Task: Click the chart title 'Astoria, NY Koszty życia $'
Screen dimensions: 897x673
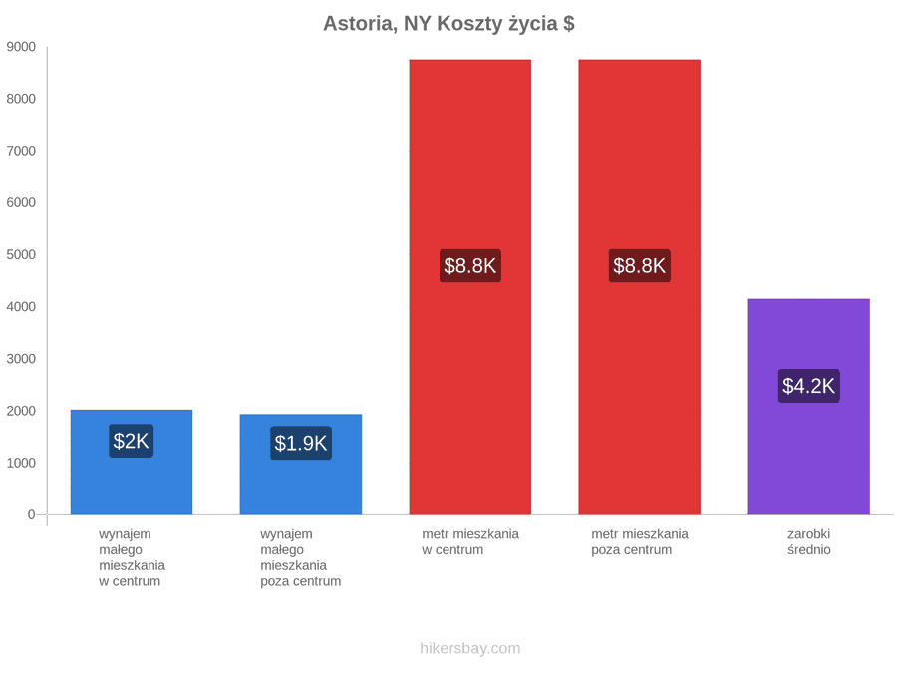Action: tap(448, 24)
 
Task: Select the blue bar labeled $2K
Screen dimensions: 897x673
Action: tap(132, 463)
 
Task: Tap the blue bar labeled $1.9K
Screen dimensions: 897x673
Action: tap(301, 465)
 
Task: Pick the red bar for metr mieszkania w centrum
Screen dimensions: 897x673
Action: tap(470, 287)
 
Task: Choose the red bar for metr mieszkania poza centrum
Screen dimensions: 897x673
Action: tap(640, 287)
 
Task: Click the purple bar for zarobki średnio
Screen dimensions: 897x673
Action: tap(809, 407)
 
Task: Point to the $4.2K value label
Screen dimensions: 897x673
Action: tap(809, 386)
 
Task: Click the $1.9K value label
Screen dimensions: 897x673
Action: tap(301, 443)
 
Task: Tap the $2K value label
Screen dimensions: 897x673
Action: tap(131, 441)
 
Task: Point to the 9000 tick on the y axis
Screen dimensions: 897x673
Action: tap(21, 47)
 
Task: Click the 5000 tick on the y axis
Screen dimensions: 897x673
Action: tap(21, 254)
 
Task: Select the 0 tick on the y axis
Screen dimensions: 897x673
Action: tap(32, 515)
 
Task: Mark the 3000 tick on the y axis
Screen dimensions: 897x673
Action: tap(21, 359)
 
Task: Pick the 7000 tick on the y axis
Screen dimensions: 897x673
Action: tap(21, 151)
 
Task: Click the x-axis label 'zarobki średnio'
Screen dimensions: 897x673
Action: tap(809, 542)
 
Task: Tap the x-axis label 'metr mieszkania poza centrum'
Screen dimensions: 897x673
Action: tap(640, 542)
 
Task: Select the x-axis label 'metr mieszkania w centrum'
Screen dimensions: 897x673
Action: tap(470, 542)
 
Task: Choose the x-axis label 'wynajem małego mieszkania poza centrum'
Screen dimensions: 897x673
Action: tap(301, 558)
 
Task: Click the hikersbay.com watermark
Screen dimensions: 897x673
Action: tap(470, 648)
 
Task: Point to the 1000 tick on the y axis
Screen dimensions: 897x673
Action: tap(21, 463)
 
